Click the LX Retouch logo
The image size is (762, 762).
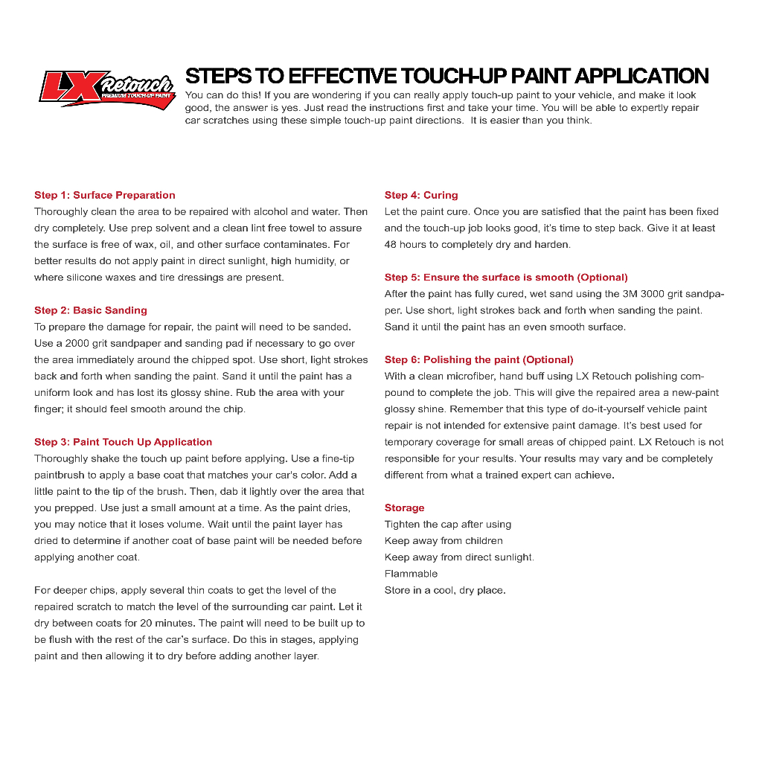pyautogui.click(x=106, y=88)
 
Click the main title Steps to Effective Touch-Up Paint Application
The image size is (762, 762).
pyautogui.click(x=446, y=76)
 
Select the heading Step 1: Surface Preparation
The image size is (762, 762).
pyautogui.click(x=105, y=196)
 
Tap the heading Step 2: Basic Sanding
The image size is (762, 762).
pyautogui.click(x=91, y=310)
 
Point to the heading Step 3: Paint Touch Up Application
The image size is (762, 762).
pyautogui.click(x=123, y=442)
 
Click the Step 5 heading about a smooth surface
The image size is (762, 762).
pyautogui.click(x=506, y=278)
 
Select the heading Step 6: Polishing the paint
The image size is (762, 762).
pyautogui.click(x=478, y=360)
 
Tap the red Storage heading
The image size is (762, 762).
pyautogui.click(x=404, y=508)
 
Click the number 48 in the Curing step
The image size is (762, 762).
pyautogui.click(x=391, y=245)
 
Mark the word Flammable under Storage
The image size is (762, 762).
pyautogui.click(x=411, y=574)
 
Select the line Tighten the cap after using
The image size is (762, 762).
pyautogui.click(x=448, y=525)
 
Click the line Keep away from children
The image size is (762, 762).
pyautogui.click(x=444, y=541)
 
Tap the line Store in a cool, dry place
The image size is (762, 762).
pyautogui.click(x=445, y=590)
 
